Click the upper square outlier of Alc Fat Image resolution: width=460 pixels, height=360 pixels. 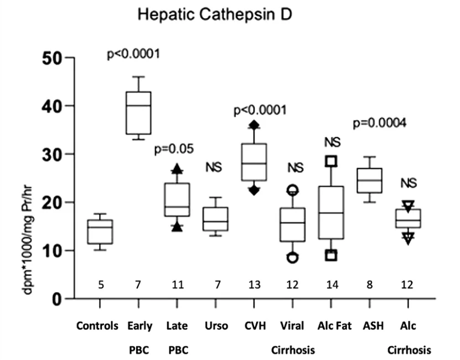pos(330,161)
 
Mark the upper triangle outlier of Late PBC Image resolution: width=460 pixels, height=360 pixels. pos(177,169)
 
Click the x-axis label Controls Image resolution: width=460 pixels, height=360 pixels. pos(97,326)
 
